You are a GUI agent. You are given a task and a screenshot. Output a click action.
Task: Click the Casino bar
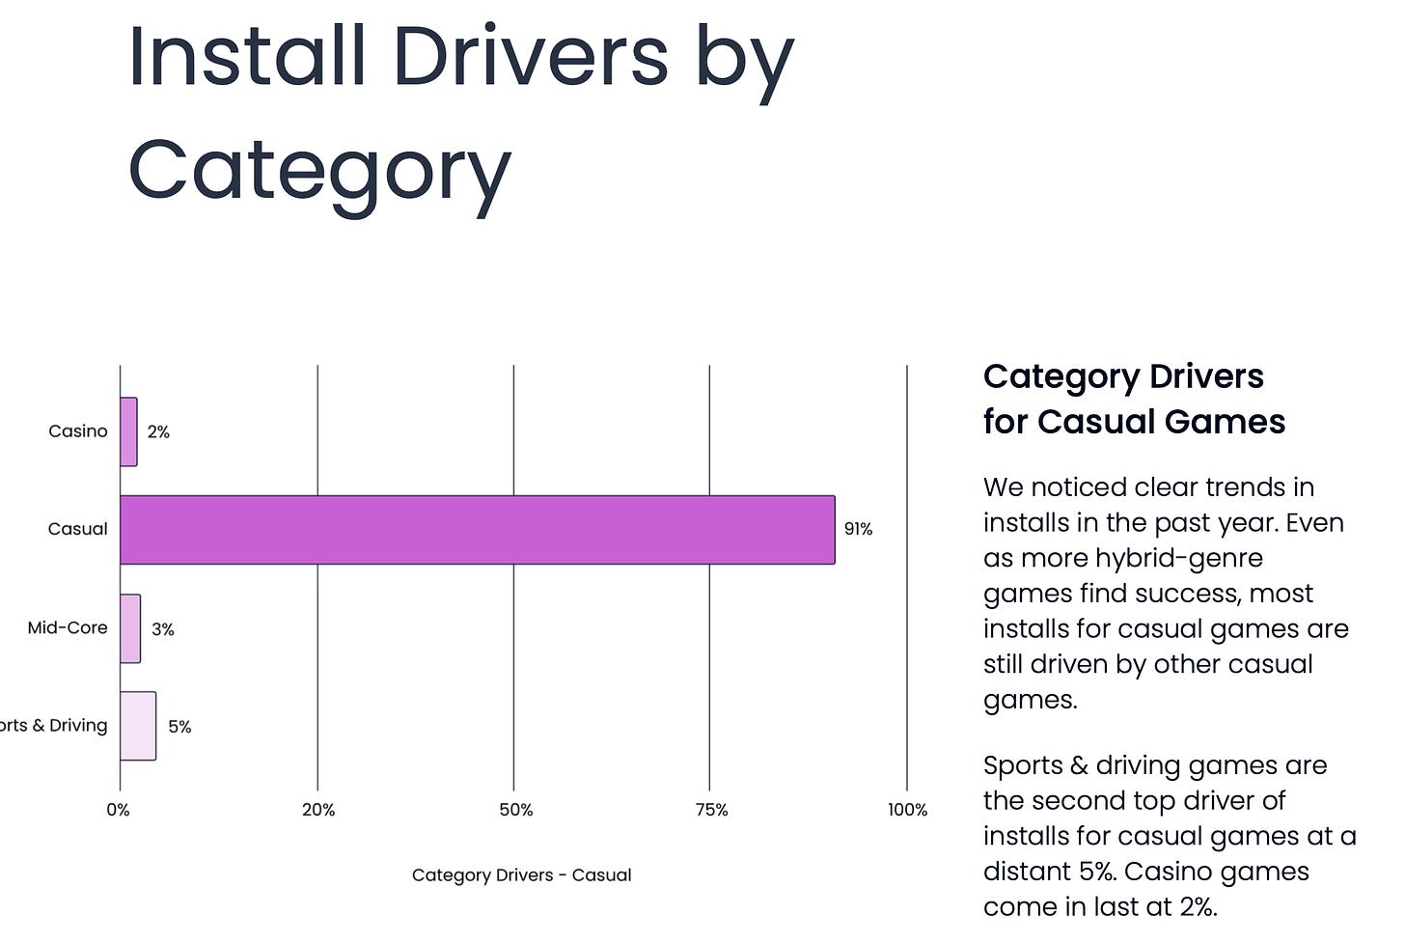tap(128, 431)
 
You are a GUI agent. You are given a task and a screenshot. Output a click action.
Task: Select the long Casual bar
tap(477, 530)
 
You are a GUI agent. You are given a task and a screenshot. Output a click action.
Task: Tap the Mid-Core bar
tap(130, 628)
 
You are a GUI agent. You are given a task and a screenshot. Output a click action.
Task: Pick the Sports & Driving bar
tap(138, 726)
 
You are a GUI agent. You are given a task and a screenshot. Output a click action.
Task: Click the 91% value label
tap(858, 529)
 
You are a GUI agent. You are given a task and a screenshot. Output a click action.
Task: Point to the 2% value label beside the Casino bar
tap(158, 432)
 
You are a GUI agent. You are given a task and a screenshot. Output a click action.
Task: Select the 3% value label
tap(163, 629)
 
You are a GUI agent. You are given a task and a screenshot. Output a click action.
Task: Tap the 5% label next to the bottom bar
tap(179, 727)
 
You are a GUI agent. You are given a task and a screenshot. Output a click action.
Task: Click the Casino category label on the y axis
tap(78, 431)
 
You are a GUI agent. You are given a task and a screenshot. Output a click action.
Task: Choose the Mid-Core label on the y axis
tap(68, 627)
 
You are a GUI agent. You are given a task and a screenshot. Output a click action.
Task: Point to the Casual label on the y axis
tap(78, 529)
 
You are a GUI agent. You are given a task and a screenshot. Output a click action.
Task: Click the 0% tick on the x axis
tap(119, 810)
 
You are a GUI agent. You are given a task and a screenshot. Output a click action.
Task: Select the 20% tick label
tap(318, 810)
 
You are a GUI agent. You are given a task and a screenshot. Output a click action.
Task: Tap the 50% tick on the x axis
tap(516, 810)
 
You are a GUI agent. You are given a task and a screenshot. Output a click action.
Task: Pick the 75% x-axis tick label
tap(712, 810)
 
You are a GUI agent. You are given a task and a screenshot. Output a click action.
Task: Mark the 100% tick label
tap(907, 810)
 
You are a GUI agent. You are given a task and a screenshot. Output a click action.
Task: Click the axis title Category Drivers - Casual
tap(521, 875)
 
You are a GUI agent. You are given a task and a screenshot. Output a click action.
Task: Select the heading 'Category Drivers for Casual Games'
tap(1134, 399)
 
